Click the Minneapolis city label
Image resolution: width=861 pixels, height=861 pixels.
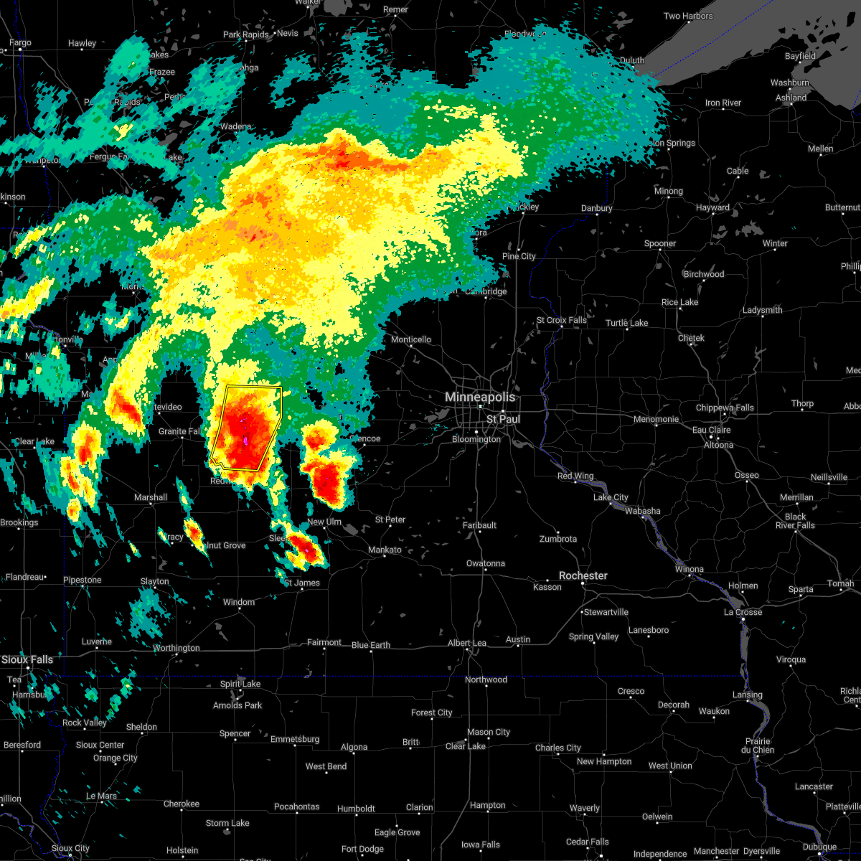[480, 397]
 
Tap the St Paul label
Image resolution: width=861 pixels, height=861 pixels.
[503, 419]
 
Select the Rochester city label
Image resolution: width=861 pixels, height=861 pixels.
[583, 575]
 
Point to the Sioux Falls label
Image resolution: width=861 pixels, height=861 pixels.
[27, 659]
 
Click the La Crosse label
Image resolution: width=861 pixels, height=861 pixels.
[743, 612]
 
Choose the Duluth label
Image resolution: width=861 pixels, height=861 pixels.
[631, 60]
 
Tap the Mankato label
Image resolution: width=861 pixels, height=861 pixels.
[385, 550]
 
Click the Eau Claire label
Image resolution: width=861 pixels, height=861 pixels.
[711, 430]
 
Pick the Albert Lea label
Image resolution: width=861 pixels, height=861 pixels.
[467, 643]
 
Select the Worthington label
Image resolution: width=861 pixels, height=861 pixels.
[177, 648]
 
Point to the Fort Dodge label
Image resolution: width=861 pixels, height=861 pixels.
[362, 849]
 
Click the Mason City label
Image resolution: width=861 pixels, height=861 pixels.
[489, 732]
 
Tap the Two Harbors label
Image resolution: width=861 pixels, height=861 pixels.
[688, 16]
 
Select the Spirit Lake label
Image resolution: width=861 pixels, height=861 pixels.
[240, 684]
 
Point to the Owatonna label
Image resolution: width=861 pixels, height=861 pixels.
[486, 563]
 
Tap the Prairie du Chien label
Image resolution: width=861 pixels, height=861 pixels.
[758, 745]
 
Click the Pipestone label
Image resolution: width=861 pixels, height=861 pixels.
[83, 580]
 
